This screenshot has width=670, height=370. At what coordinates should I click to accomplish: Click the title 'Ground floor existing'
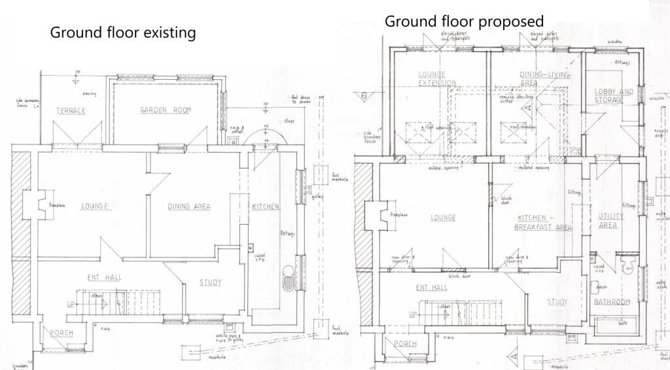(x=123, y=32)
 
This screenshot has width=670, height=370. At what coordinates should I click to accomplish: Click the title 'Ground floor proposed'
(x=464, y=21)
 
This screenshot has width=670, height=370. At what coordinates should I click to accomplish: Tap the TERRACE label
(x=71, y=110)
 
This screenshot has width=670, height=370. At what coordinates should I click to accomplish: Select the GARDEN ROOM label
(x=166, y=110)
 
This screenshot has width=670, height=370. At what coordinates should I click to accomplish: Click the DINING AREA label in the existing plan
(x=188, y=207)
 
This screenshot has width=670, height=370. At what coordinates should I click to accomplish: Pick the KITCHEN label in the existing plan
(x=266, y=207)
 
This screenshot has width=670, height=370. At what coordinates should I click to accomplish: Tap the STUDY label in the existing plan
(x=210, y=282)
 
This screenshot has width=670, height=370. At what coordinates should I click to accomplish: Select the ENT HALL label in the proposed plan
(x=431, y=287)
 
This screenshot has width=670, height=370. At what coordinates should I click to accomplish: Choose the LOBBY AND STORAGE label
(x=614, y=95)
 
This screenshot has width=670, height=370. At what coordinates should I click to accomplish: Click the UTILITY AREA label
(x=611, y=220)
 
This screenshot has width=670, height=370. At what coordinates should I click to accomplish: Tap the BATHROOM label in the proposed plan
(x=611, y=302)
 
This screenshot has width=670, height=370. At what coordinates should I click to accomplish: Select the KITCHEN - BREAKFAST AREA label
(x=544, y=223)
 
